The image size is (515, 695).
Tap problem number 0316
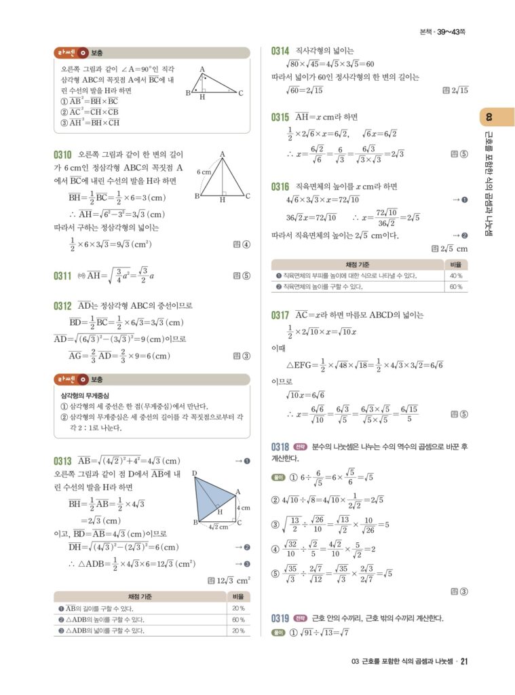click(x=280, y=186)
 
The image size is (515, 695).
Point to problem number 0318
click(x=280, y=447)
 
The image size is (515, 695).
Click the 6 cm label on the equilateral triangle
click(x=204, y=172)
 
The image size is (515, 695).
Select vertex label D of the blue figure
click(x=194, y=473)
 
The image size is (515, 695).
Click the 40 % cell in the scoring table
click(x=455, y=276)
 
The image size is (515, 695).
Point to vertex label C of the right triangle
click(x=241, y=93)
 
